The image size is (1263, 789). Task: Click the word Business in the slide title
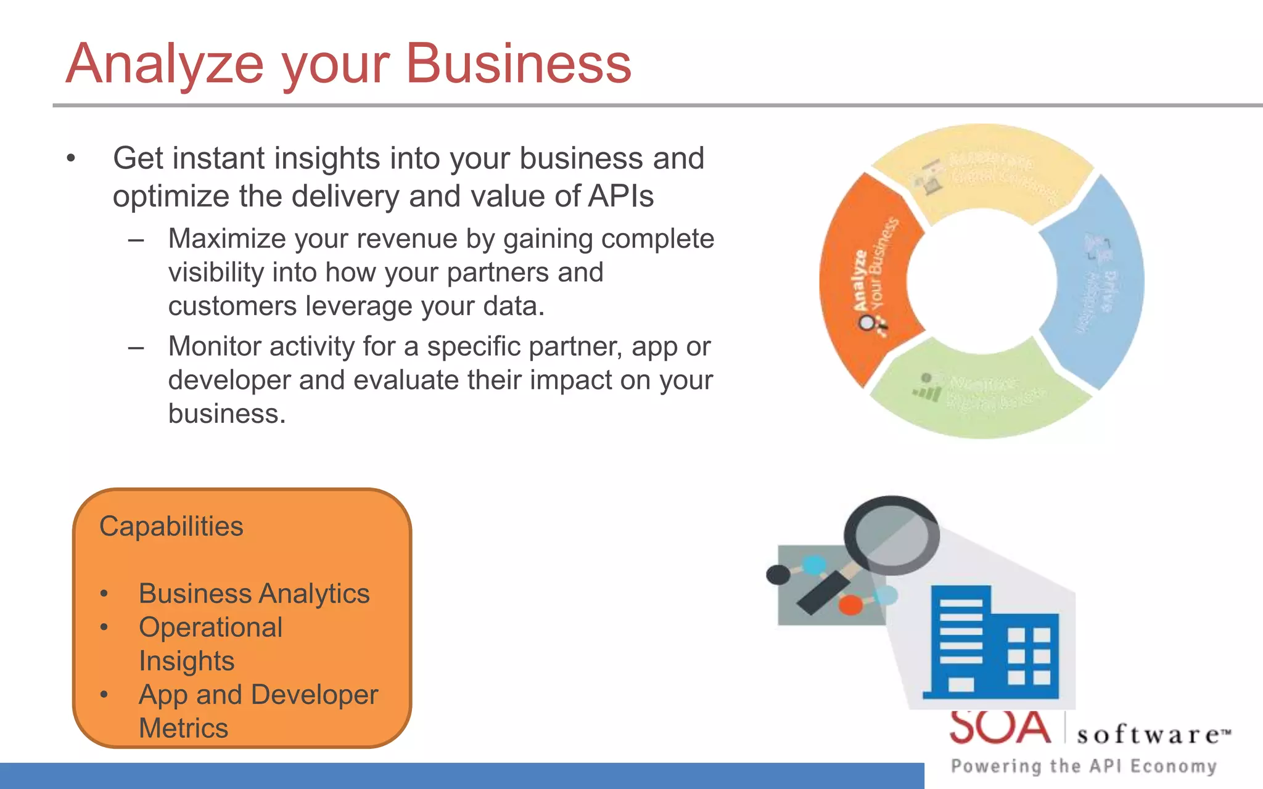(518, 63)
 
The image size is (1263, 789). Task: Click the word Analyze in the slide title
(165, 63)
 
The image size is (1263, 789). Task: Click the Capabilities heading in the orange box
(171, 526)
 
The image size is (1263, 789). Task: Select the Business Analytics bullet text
(253, 594)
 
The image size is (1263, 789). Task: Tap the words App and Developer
(258, 695)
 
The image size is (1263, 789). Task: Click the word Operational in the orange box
(210, 628)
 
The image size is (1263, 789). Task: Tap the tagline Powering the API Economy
(1084, 766)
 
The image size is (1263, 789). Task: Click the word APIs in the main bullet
(620, 197)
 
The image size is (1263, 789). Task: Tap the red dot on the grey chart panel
(850, 605)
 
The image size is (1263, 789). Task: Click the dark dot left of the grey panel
(778, 574)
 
